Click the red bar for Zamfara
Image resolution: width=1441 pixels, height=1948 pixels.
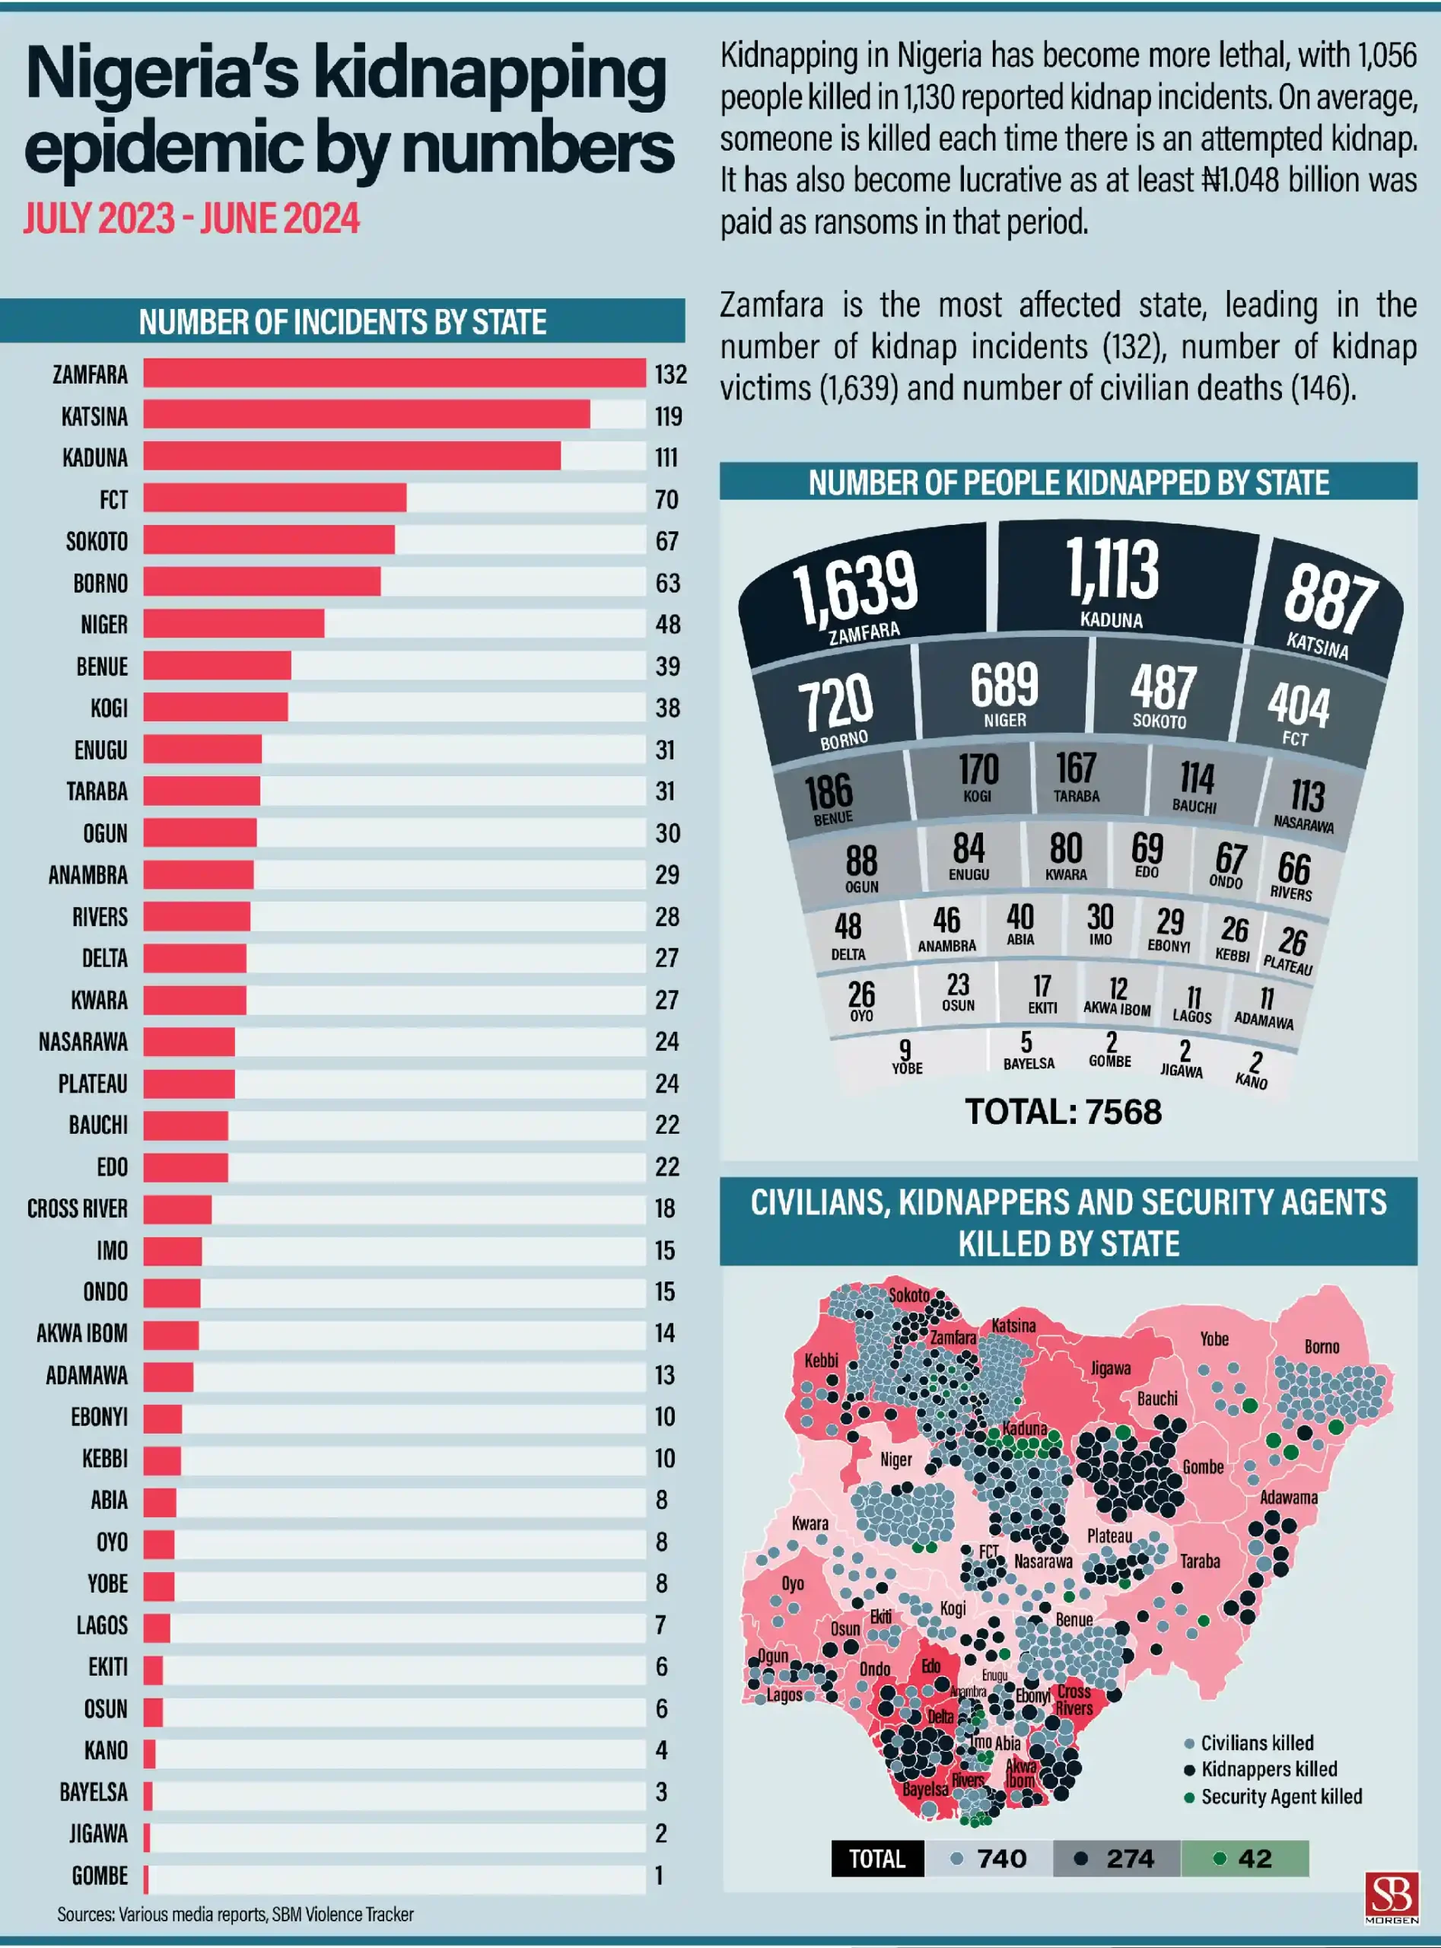(x=394, y=374)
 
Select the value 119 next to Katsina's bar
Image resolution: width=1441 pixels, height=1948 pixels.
(x=669, y=416)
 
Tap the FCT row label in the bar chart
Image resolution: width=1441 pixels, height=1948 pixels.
(x=113, y=500)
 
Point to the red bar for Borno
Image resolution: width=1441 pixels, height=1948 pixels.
(x=262, y=583)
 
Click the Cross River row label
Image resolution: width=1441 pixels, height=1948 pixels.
(x=78, y=1208)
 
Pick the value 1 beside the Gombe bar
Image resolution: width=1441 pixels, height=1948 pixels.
(x=660, y=1875)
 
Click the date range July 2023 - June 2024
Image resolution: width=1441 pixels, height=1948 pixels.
(x=191, y=218)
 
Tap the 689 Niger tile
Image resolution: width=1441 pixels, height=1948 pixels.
(x=1005, y=693)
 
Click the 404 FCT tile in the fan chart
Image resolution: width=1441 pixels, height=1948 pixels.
(x=1298, y=711)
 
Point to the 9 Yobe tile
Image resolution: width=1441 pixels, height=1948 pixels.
(x=906, y=1055)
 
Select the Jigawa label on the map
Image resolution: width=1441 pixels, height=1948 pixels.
(x=1110, y=1368)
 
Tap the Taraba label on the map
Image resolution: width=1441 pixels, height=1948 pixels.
(x=1201, y=1561)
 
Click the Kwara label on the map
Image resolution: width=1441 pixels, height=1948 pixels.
(x=810, y=1523)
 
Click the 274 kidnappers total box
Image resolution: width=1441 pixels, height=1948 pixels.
(x=1117, y=1858)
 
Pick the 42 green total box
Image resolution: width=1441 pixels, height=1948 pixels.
(x=1245, y=1858)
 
